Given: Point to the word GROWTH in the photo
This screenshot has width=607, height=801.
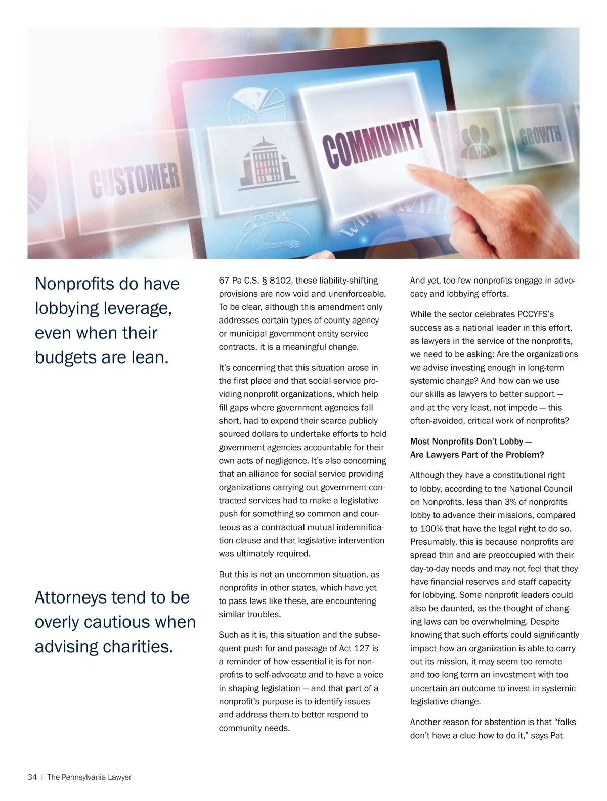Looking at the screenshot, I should point(540,135).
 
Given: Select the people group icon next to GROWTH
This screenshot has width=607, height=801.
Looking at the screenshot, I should point(478,139).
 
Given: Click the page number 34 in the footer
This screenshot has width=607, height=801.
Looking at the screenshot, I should point(32,777).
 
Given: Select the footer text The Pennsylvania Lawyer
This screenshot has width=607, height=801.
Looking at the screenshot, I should point(89,777).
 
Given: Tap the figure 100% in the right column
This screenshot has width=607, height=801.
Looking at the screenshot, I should point(430,529).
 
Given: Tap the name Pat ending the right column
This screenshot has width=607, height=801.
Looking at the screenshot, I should point(556,735).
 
